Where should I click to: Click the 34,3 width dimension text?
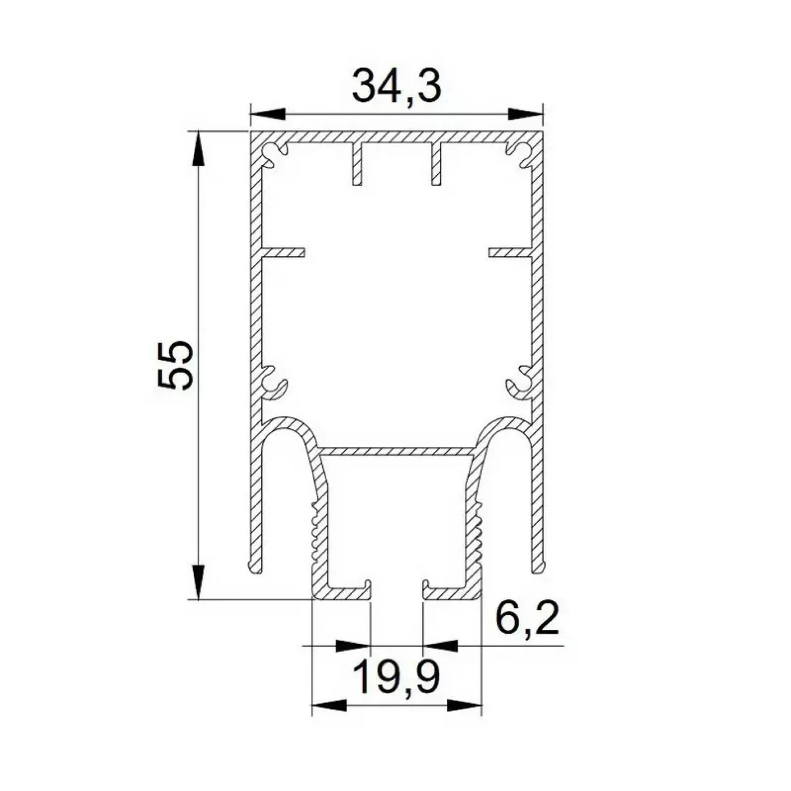coord(396,86)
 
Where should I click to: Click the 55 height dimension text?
coord(175,365)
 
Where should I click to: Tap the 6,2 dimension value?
coord(527,619)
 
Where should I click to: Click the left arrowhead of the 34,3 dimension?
coord(268,114)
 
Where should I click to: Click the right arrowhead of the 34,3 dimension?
coord(525,114)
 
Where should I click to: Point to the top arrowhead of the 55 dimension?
coord(199,150)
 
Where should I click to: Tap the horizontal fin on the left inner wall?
coord(283,253)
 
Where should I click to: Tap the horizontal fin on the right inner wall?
coord(510,253)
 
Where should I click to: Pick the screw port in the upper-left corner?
coord(273,154)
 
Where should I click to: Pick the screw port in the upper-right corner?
coord(520,154)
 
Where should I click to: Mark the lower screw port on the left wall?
coord(273,383)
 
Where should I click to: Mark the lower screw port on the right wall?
coord(520,383)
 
